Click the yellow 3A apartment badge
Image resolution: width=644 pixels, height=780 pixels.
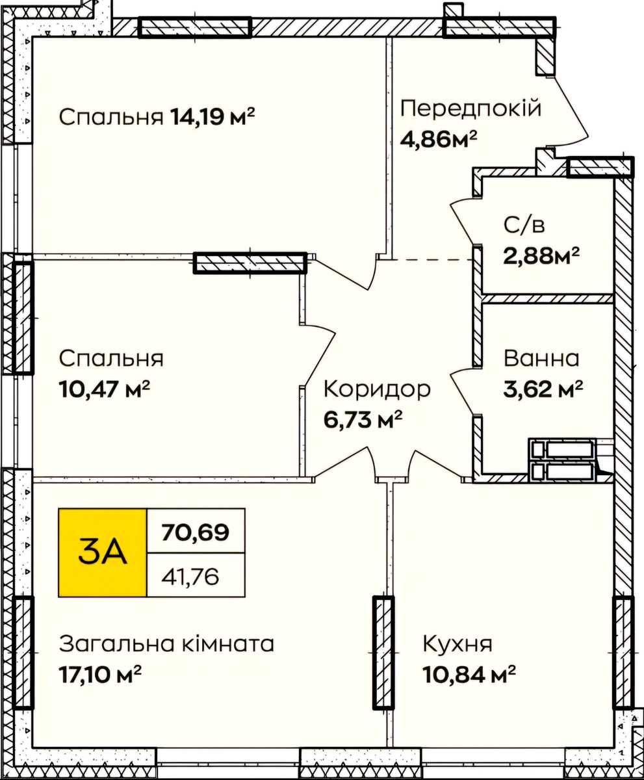pyautogui.click(x=103, y=552)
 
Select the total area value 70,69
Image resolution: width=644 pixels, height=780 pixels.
pyautogui.click(x=195, y=532)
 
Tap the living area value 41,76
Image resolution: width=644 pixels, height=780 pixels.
pyautogui.click(x=190, y=577)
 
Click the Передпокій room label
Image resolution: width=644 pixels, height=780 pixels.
pyautogui.click(x=470, y=109)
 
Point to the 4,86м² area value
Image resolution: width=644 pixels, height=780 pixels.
pyautogui.click(x=439, y=139)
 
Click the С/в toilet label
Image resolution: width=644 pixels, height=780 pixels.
pyautogui.click(x=524, y=226)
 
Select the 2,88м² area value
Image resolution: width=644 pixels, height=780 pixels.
pyautogui.click(x=541, y=256)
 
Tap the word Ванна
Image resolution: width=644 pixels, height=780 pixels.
pyautogui.click(x=541, y=358)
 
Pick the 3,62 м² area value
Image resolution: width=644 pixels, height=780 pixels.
pyautogui.click(x=543, y=389)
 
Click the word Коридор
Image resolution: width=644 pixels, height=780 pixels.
pyautogui.click(x=377, y=389)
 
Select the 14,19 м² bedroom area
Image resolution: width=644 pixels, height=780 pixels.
pyautogui.click(x=213, y=116)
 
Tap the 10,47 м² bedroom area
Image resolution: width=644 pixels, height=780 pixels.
pyautogui.click(x=104, y=389)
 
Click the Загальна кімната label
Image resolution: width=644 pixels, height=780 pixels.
pyautogui.click(x=166, y=643)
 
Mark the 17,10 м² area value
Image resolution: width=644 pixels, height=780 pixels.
pyautogui.click(x=100, y=674)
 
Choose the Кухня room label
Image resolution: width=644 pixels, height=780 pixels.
pyautogui.click(x=457, y=643)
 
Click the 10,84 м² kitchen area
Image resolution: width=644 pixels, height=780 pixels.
pyautogui.click(x=469, y=674)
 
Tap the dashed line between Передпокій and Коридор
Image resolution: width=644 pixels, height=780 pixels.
pyautogui.click(x=432, y=259)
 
